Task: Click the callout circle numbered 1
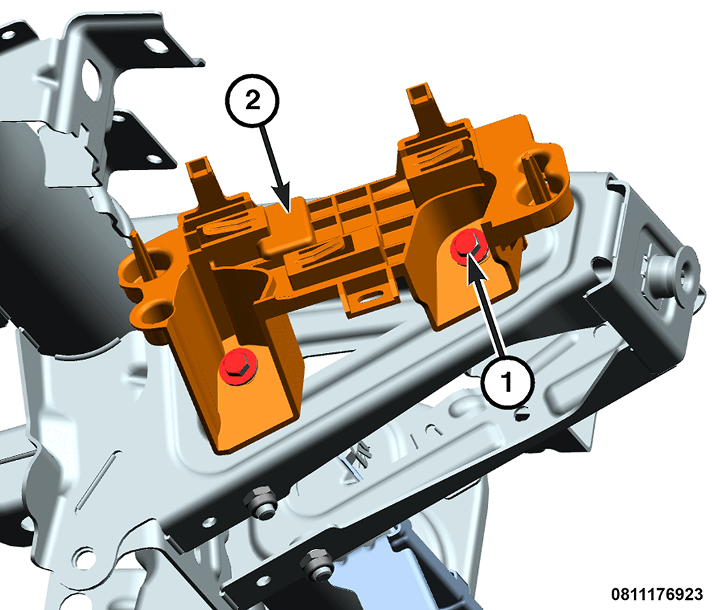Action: click(x=507, y=381)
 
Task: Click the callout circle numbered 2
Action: click(x=252, y=100)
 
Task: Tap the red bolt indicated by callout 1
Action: click(x=469, y=247)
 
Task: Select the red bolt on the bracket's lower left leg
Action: click(x=237, y=366)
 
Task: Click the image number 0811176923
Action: click(x=656, y=594)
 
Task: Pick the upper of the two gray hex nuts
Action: click(x=260, y=502)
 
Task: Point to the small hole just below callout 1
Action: click(x=522, y=414)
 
